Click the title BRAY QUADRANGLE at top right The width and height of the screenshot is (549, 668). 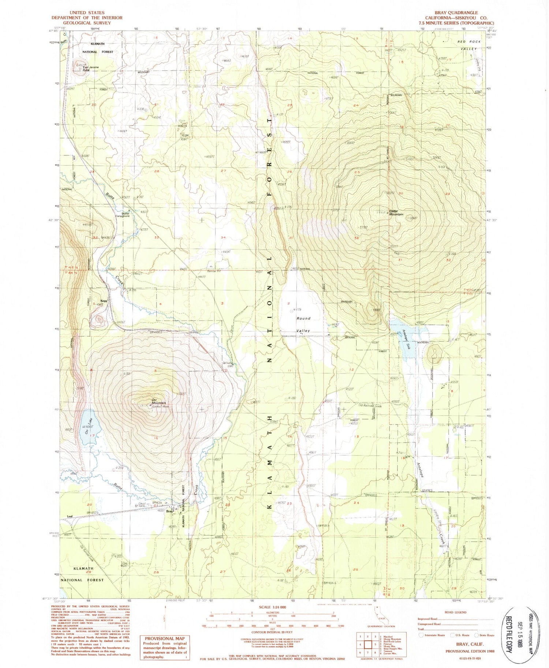click(x=456, y=13)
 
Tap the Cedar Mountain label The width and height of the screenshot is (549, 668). click(x=396, y=213)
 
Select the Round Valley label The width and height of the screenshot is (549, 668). click(x=303, y=324)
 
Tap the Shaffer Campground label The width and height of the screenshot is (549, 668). click(x=123, y=215)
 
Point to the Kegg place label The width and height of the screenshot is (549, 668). click(x=98, y=301)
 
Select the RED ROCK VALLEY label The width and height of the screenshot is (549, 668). click(x=469, y=45)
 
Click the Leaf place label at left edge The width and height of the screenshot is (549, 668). click(x=70, y=517)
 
